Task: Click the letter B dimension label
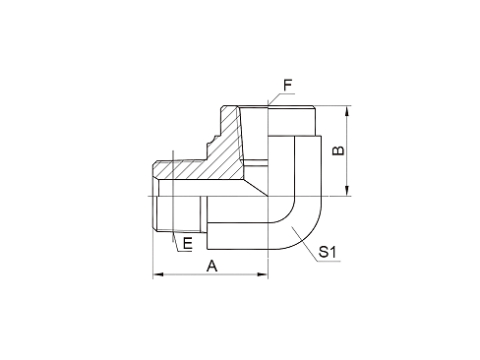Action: (x=337, y=150)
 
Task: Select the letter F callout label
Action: (x=288, y=87)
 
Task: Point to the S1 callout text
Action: (x=330, y=253)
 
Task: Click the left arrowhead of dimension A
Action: (x=155, y=276)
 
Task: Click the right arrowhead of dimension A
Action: (x=263, y=276)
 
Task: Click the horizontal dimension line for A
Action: (x=210, y=276)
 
